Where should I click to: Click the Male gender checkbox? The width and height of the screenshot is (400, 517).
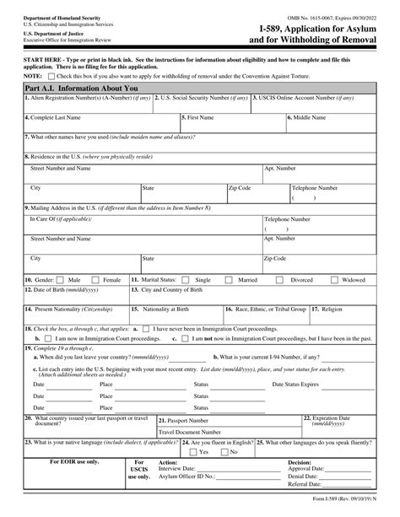pyautogui.click(x=62, y=279)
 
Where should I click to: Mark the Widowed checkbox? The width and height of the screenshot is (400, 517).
pyautogui.click(x=336, y=279)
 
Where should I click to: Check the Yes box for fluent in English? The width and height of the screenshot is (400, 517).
pyautogui.click(x=195, y=451)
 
